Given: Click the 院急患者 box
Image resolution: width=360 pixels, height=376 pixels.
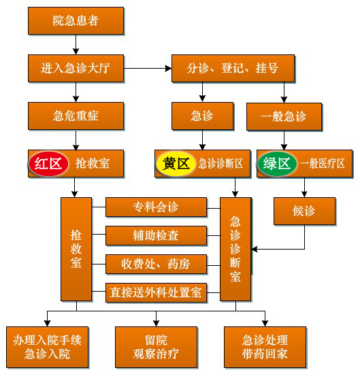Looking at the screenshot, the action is tap(76, 20).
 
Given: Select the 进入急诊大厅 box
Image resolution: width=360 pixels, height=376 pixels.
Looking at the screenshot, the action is tap(76, 69).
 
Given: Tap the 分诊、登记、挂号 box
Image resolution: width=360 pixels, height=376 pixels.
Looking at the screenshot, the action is tap(233, 69).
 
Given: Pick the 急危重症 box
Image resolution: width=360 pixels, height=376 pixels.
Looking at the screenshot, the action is tap(76, 116).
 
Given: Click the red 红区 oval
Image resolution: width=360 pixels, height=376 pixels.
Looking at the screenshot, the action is tap(48, 164).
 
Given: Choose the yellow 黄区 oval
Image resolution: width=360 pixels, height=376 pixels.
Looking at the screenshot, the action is tap(176, 164).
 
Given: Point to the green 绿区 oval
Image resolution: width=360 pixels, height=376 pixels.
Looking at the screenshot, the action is tap(277, 164).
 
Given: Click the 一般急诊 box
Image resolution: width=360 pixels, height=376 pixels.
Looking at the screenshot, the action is tap(284, 117).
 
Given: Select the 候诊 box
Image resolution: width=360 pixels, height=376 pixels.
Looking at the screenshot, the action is tap(305, 211).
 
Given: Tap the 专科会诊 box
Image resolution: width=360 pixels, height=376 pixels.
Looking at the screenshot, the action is tap(156, 207).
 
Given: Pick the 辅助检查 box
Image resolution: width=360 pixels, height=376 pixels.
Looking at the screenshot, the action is tap(156, 235).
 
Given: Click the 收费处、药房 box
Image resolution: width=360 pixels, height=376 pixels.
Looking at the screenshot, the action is tap(156, 264).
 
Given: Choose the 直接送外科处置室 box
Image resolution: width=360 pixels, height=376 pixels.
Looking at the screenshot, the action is tap(156, 293).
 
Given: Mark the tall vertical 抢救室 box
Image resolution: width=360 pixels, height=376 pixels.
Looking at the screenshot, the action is tap(76, 249).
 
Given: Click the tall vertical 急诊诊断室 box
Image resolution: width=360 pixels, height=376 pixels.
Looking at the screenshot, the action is tap(235, 249).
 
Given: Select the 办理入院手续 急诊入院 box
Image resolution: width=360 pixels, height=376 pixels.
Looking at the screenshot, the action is tap(47, 347).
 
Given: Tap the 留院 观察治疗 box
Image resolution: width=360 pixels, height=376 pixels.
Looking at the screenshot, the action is tap(157, 347).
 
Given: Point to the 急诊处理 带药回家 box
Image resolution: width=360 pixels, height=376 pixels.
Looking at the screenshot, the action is tap(265, 347).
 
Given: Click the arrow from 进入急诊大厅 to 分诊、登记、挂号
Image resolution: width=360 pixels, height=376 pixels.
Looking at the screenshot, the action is tap(148, 69).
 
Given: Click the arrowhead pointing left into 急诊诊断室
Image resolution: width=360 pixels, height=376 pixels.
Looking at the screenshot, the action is tap(255, 250).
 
